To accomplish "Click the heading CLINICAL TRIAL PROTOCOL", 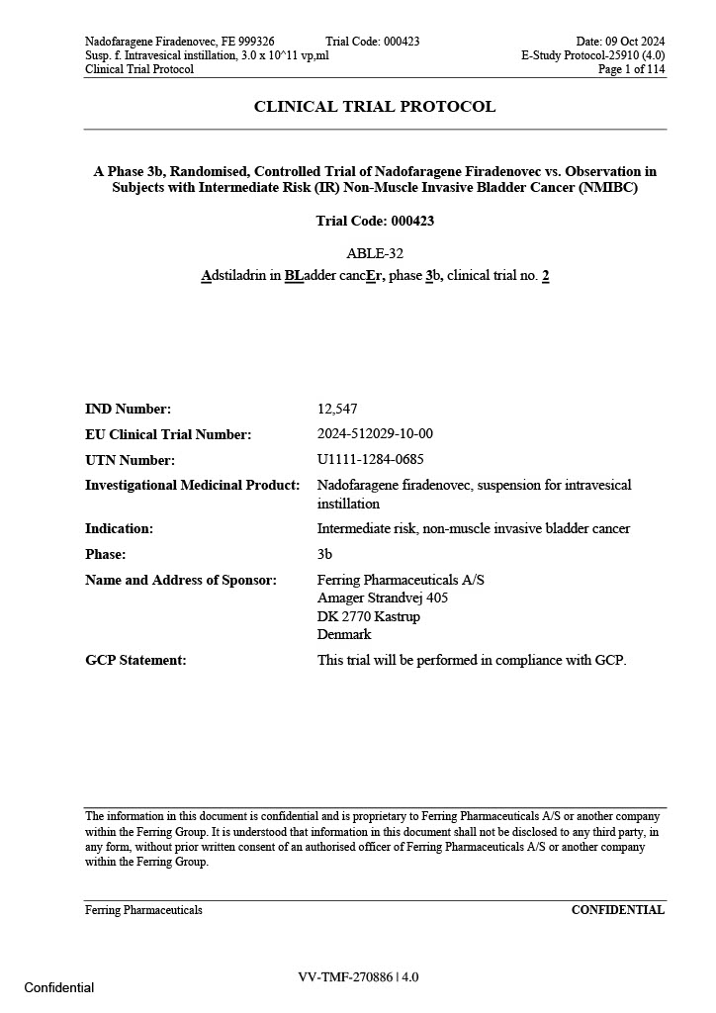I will (x=375, y=107).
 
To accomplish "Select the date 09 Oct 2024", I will (x=633, y=42).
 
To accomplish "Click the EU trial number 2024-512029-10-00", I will (x=375, y=434).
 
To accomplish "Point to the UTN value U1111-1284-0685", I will (x=371, y=460).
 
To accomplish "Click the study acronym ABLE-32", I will (x=375, y=253).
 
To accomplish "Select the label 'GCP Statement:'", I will (x=135, y=660).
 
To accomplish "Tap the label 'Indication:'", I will (x=119, y=528).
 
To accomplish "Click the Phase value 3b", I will (x=325, y=554).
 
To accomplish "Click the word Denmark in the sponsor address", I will (x=344, y=634).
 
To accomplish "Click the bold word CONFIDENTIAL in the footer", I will (x=618, y=910).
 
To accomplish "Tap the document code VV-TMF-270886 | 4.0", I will (x=358, y=977).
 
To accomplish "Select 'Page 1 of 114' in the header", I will (x=631, y=69).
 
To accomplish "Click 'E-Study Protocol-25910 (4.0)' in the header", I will (x=593, y=55).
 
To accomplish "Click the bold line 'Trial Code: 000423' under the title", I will (x=375, y=221).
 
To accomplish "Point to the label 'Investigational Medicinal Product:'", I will (x=192, y=485).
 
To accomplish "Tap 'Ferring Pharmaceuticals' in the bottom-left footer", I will (x=143, y=910).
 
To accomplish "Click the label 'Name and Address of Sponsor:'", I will (x=181, y=580).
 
